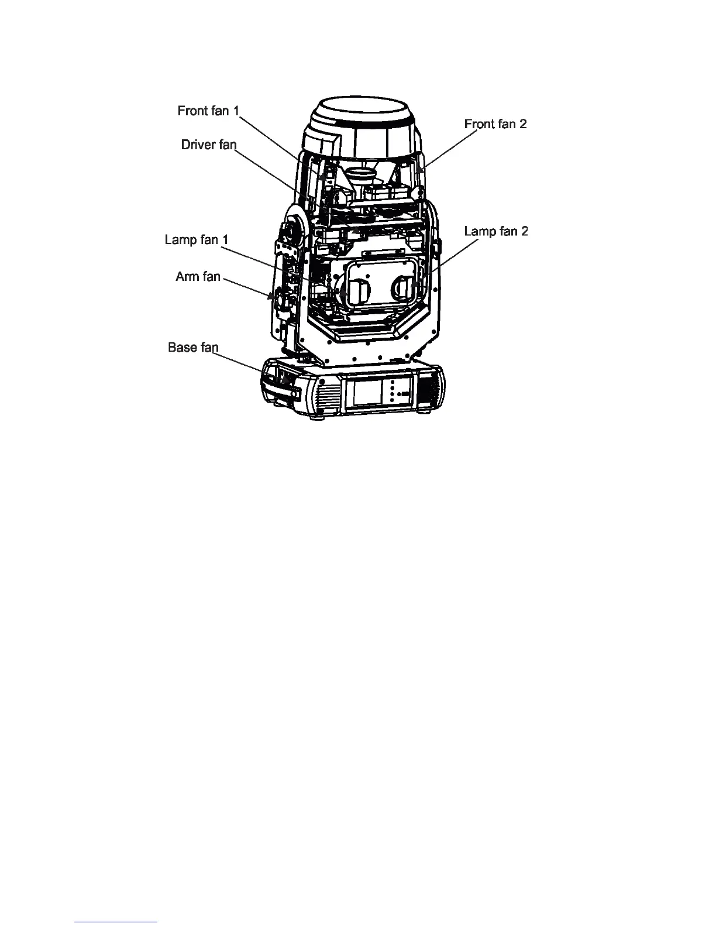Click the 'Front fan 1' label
(209, 111)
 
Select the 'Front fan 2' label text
(495, 123)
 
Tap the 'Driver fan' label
(208, 145)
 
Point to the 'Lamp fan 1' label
(197, 239)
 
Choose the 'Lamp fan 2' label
(496, 231)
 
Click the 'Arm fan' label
(198, 276)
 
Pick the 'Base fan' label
(193, 347)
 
